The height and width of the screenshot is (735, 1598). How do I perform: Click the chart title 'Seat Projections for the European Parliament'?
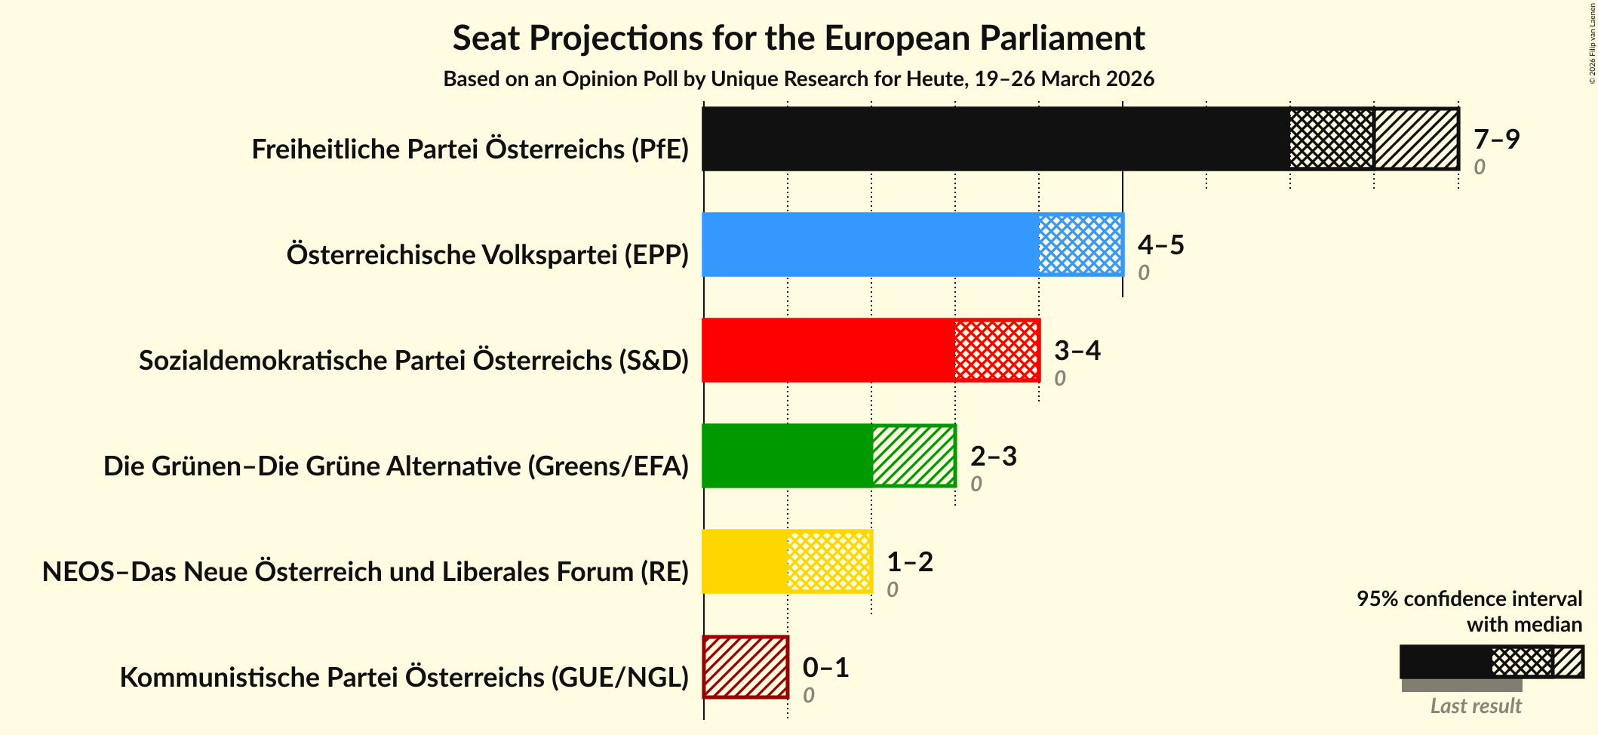pyautogui.click(x=798, y=38)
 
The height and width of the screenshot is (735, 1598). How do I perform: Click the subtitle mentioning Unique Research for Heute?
pyautogui.click(x=798, y=79)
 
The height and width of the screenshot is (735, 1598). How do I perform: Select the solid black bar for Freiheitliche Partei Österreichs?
pyautogui.click(x=996, y=139)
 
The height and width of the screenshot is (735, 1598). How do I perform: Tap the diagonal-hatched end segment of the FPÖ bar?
pyautogui.click(x=1415, y=139)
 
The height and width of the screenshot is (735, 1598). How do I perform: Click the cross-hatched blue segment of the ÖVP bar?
pyautogui.click(x=1080, y=244)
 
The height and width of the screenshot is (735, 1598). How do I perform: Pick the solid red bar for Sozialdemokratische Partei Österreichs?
pyautogui.click(x=828, y=350)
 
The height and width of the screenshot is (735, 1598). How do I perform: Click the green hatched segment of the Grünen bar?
pyautogui.click(x=914, y=456)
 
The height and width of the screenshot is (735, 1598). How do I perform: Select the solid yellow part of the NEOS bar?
pyautogui.click(x=745, y=561)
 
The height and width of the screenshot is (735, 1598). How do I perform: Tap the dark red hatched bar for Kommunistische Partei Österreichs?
pyautogui.click(x=745, y=667)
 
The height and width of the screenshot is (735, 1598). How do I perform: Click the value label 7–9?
pyautogui.click(x=1496, y=139)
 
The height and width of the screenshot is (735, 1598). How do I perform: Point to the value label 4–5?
pyautogui.click(x=1160, y=244)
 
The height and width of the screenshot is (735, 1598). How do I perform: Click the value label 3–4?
pyautogui.click(x=1077, y=350)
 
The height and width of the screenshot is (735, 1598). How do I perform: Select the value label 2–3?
pyautogui.click(x=993, y=456)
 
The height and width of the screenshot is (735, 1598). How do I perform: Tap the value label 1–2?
pyautogui.click(x=909, y=561)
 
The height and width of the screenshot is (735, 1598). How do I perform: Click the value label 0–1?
pyautogui.click(x=825, y=667)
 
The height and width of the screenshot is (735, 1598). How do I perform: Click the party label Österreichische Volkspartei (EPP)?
pyautogui.click(x=487, y=255)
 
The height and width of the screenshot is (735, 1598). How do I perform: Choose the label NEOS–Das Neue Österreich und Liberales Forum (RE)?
pyautogui.click(x=365, y=572)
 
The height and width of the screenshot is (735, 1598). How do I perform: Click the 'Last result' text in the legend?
pyautogui.click(x=1475, y=706)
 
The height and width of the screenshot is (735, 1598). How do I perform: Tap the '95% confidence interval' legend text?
pyautogui.click(x=1468, y=599)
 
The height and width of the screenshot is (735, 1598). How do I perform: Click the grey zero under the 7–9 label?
pyautogui.click(x=1479, y=167)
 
